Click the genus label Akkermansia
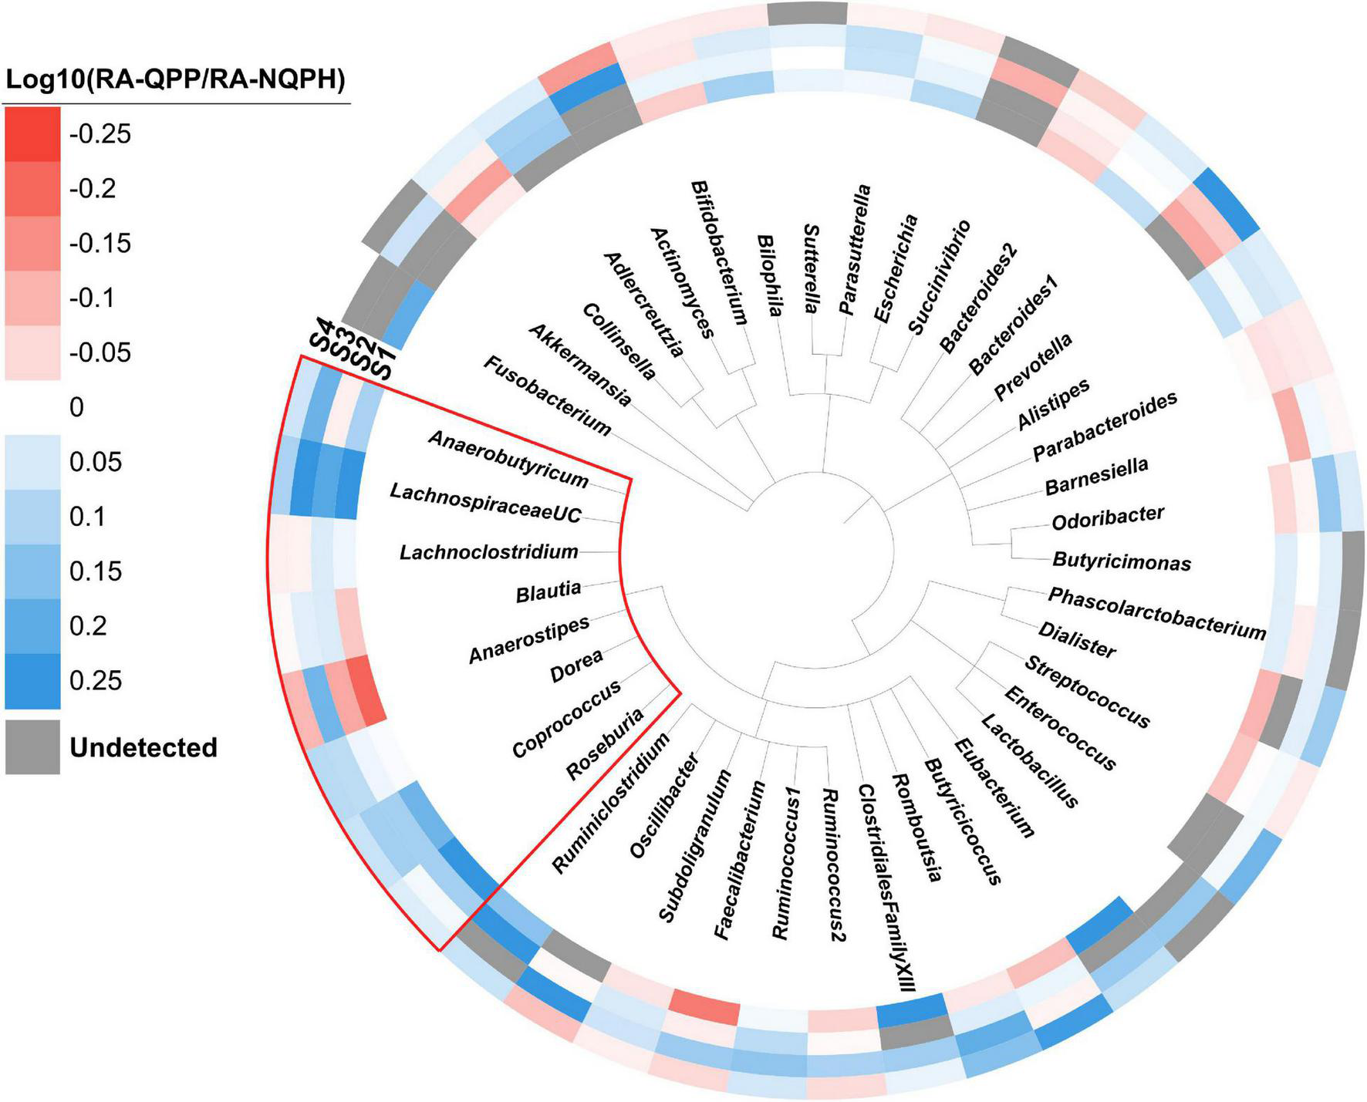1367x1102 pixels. tap(580, 366)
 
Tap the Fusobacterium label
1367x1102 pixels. tap(547, 396)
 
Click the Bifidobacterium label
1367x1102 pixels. tap(719, 252)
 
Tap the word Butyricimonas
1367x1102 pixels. tap(1122, 561)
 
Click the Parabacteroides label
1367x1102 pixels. tap(1105, 426)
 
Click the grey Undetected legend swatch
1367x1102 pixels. tap(32, 747)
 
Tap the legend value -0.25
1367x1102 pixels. tap(100, 134)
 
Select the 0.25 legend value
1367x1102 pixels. tap(96, 680)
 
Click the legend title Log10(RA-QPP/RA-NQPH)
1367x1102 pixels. tap(175, 79)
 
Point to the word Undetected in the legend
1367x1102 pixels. tap(143, 747)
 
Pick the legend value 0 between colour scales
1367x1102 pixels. tap(76, 407)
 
